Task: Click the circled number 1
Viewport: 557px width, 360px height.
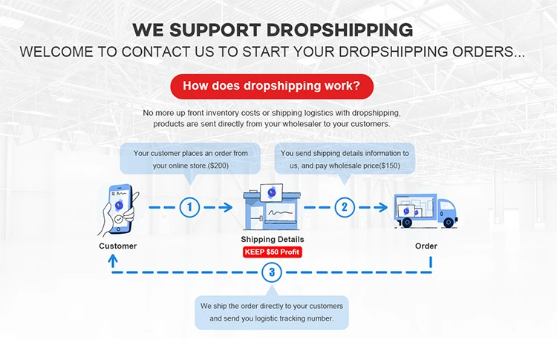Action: point(189,207)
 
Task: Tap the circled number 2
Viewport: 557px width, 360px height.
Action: point(344,207)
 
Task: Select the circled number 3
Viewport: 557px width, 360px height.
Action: point(272,272)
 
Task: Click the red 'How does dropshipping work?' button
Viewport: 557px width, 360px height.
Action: point(271,86)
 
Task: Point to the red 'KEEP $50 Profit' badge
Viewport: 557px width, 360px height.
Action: point(273,252)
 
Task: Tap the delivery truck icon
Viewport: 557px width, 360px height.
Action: point(425,209)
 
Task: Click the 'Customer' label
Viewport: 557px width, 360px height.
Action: point(117,246)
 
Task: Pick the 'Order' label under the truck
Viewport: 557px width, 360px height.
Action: point(426,246)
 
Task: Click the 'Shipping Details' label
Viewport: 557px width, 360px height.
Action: point(273,240)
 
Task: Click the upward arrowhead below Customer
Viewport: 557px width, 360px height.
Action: point(113,259)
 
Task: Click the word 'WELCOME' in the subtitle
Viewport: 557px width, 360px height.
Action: point(55,53)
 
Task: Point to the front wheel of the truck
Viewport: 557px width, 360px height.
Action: point(447,223)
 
